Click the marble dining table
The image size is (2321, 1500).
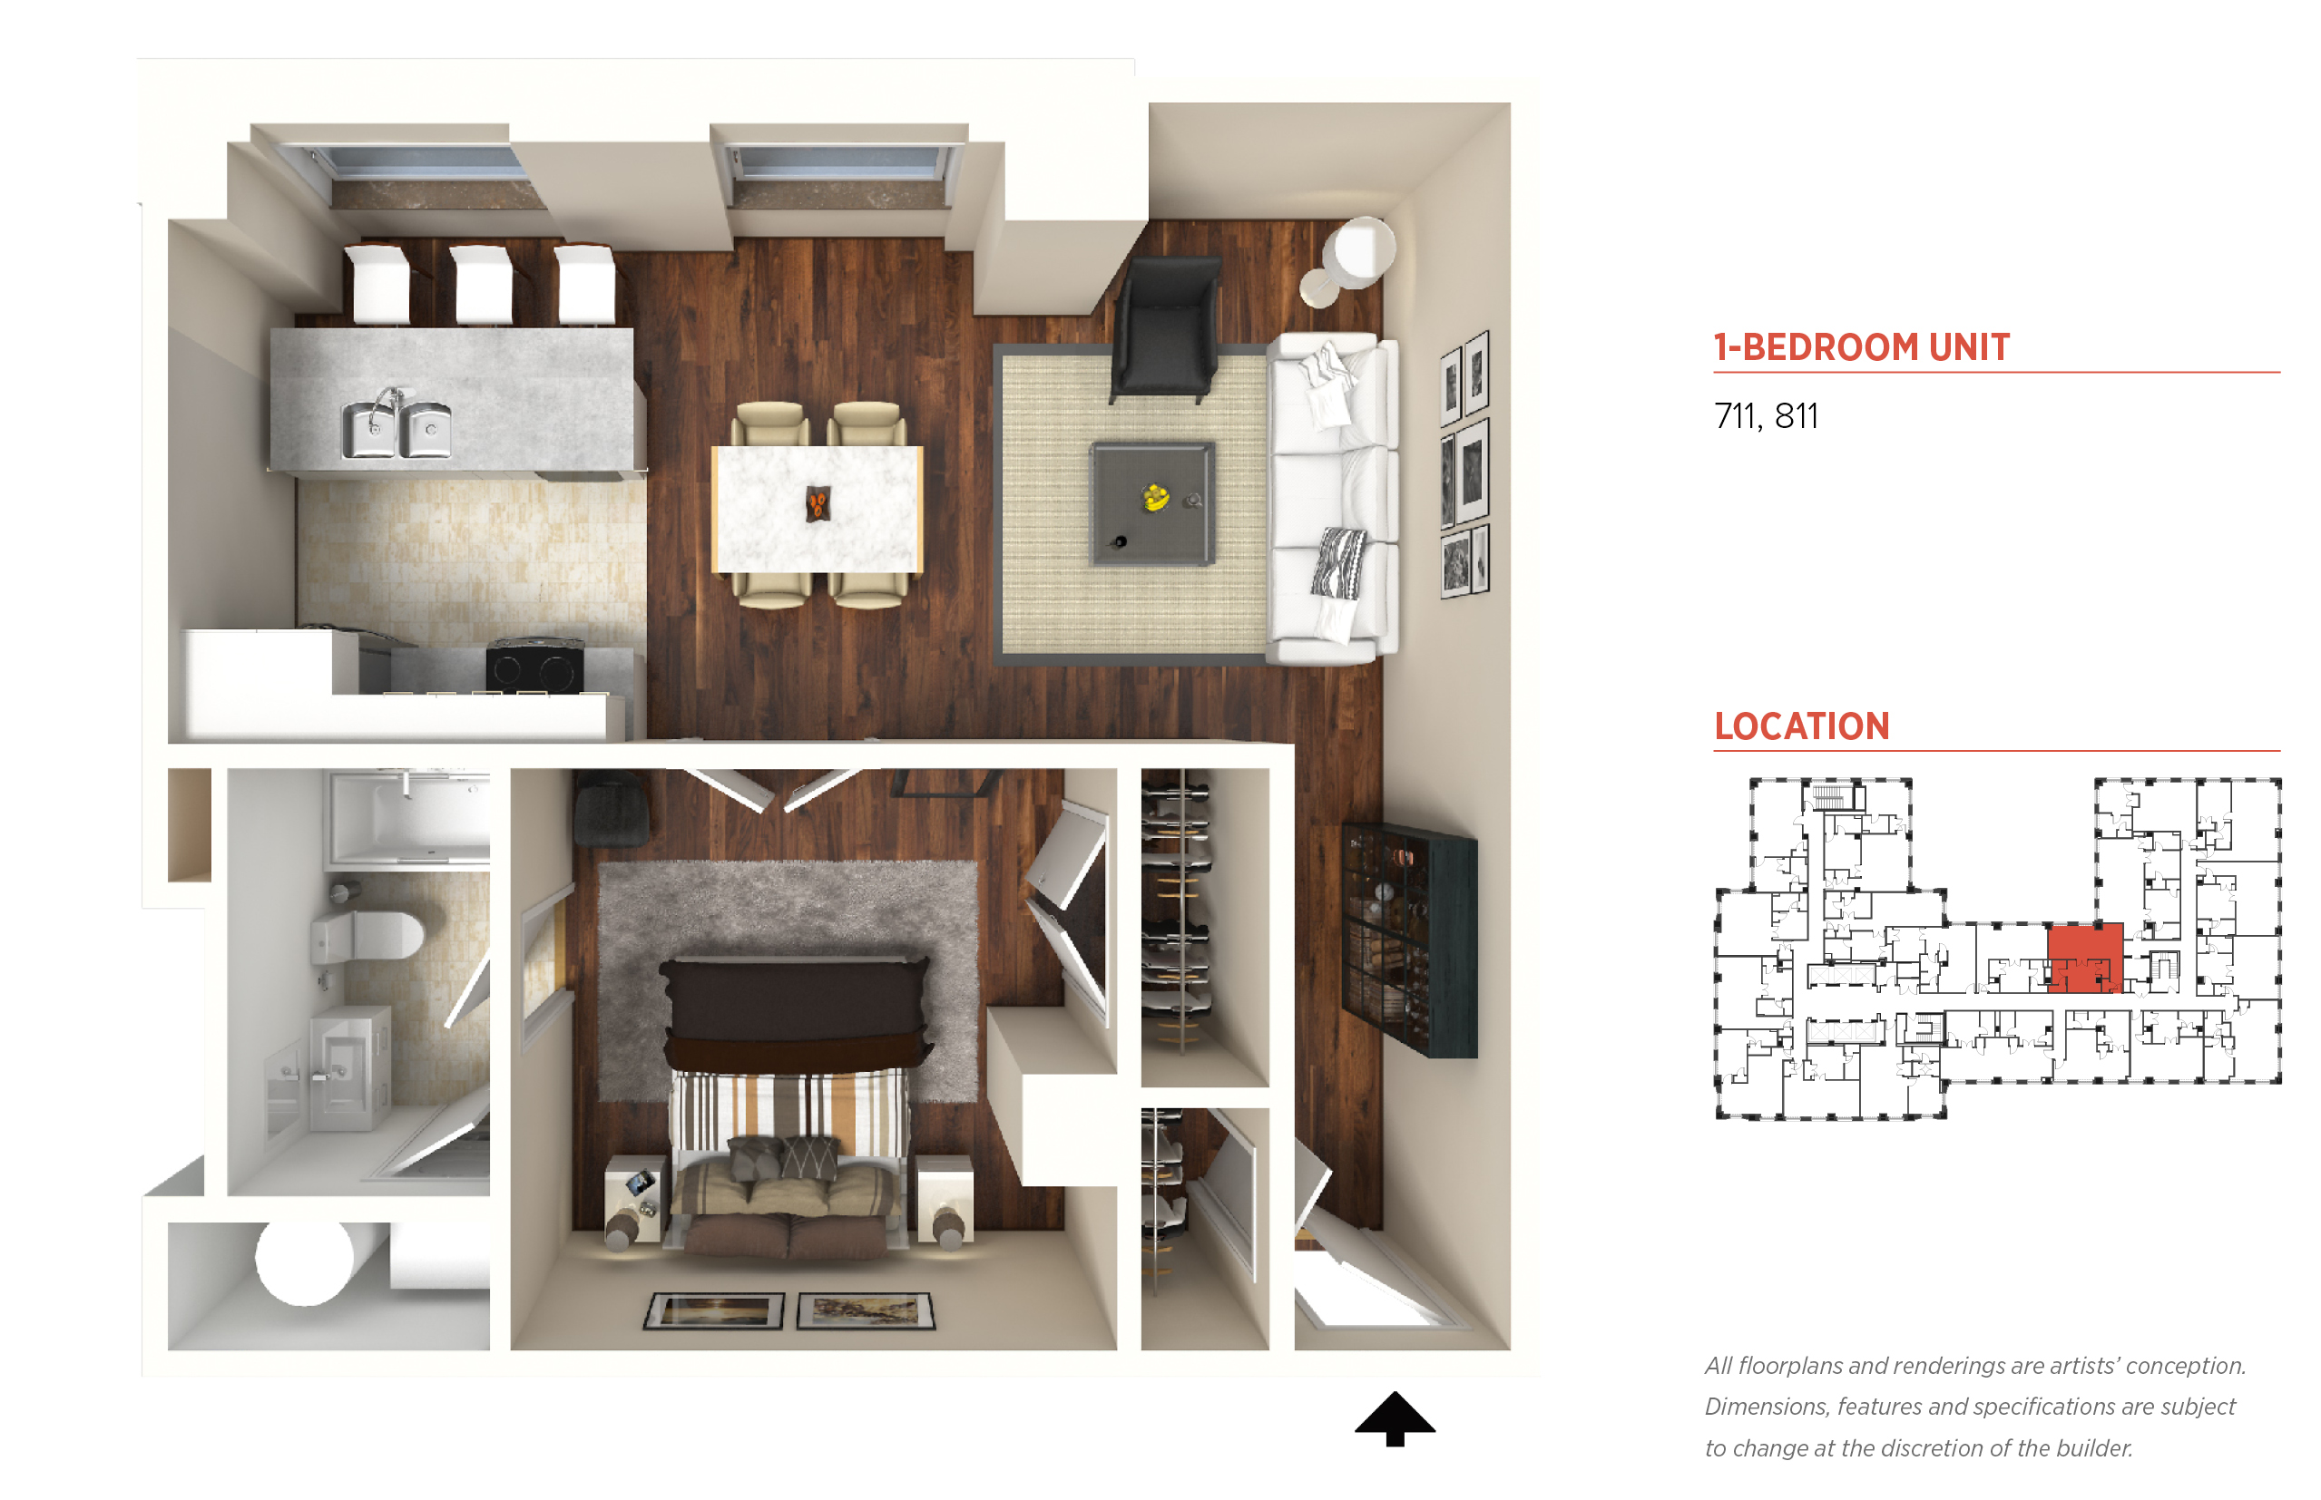pyautogui.click(x=817, y=509)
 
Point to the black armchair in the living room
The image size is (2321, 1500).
pyautogui.click(x=1166, y=329)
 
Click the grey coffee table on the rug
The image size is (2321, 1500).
pyautogui.click(x=1152, y=503)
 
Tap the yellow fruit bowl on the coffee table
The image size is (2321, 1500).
pyautogui.click(x=1156, y=498)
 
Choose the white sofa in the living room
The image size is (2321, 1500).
pyautogui.click(x=1332, y=499)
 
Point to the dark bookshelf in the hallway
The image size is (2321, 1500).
pyautogui.click(x=1409, y=939)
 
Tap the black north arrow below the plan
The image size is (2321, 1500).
pyautogui.click(x=1395, y=1418)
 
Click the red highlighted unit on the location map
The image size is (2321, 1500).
pyautogui.click(x=2084, y=958)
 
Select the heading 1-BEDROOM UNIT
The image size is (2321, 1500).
pyautogui.click(x=1861, y=347)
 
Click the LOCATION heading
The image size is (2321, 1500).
pyautogui.click(x=1802, y=726)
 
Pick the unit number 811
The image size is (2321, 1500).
pyautogui.click(x=1796, y=417)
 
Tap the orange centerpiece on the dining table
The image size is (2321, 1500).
pyautogui.click(x=818, y=504)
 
